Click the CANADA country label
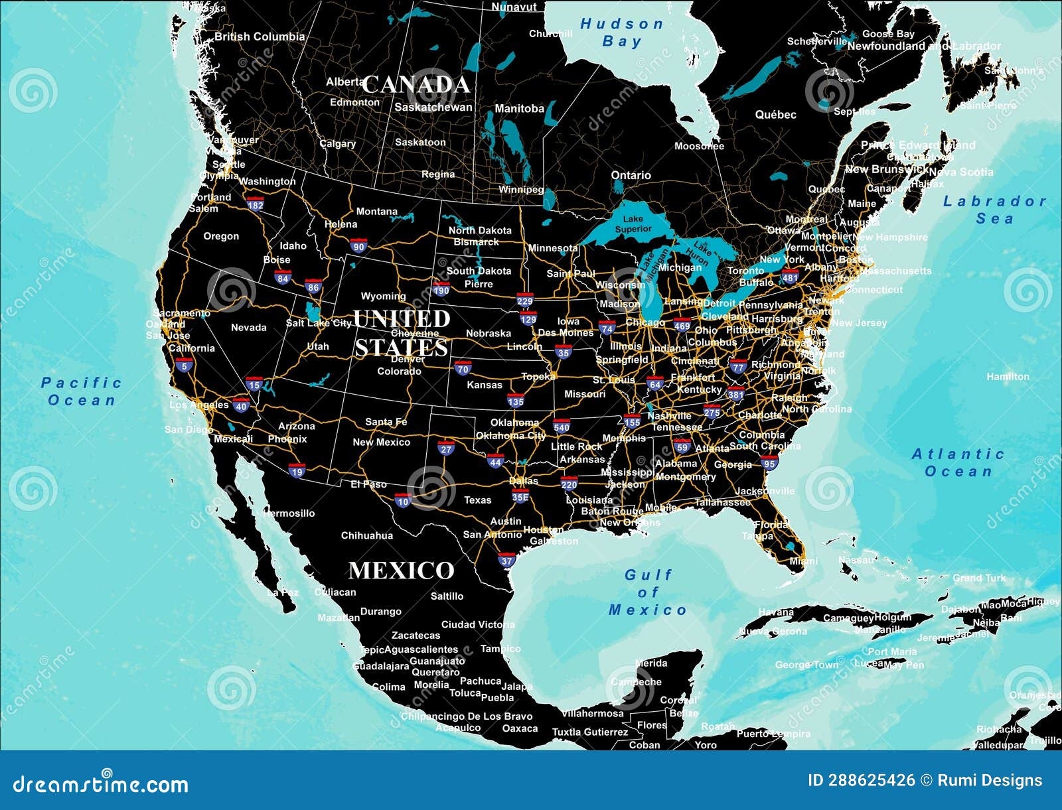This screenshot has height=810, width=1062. [x=416, y=84]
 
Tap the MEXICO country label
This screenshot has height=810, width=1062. [x=402, y=571]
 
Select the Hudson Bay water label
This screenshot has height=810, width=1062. [x=622, y=33]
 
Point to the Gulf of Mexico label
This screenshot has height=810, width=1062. [x=648, y=592]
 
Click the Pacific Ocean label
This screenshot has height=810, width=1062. [x=82, y=391]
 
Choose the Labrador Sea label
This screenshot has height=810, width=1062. [x=994, y=210]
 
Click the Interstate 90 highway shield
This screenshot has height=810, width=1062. [x=358, y=246]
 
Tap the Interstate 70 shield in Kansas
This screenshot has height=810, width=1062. [x=463, y=368]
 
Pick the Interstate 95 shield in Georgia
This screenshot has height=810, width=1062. [x=769, y=462]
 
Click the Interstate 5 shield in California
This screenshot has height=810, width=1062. [x=184, y=364]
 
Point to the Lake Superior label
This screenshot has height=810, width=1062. [x=633, y=224]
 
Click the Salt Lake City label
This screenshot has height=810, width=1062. [x=319, y=323]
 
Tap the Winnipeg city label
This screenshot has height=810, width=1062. [x=521, y=190]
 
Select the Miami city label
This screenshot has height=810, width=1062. [x=803, y=561]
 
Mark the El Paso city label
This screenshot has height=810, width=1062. [x=368, y=484]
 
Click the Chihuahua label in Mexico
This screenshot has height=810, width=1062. [x=366, y=535]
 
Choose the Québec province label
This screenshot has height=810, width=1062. [x=775, y=115]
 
